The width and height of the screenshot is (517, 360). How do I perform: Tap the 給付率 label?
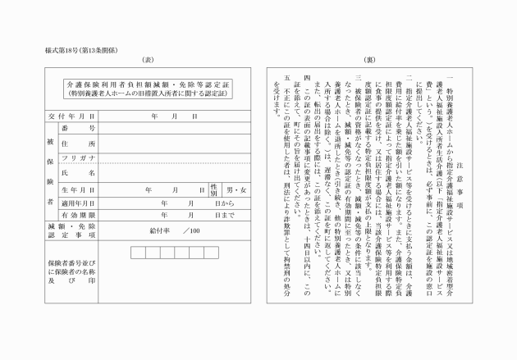[x=158, y=230]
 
